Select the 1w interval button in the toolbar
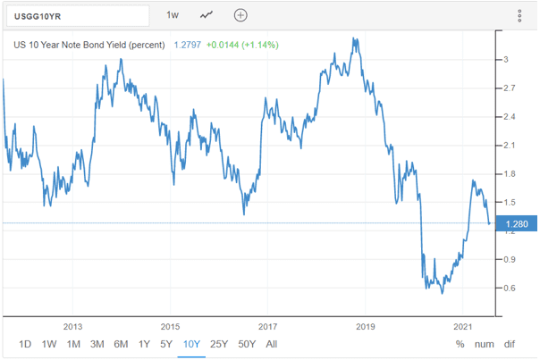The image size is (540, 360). (173, 15)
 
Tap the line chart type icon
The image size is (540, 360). (207, 15)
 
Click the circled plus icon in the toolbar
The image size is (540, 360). (240, 15)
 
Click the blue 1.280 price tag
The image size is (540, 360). (515, 223)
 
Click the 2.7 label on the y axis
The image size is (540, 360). (508, 88)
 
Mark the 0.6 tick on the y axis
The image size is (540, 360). (508, 288)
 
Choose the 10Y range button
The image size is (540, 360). (190, 344)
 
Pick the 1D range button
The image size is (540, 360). (26, 344)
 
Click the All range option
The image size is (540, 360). (272, 344)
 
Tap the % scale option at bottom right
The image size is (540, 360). (460, 344)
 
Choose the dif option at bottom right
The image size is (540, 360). (510, 344)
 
